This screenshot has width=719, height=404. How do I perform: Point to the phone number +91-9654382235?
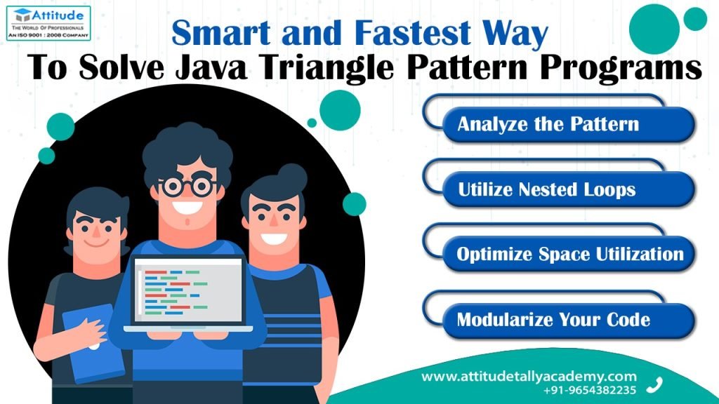click(x=590, y=390)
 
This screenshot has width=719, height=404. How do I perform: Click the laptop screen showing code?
click(x=187, y=290)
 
